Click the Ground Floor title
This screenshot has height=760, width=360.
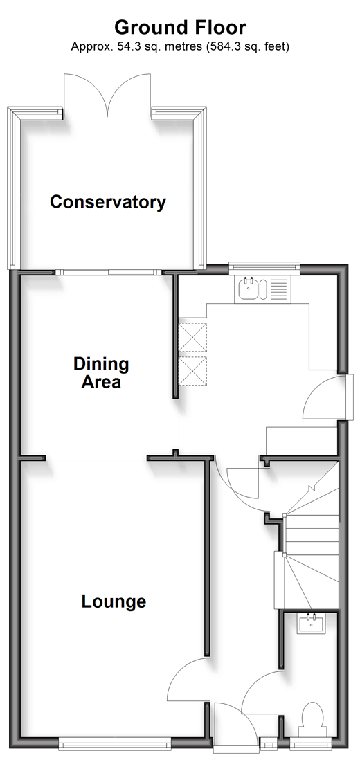[180, 27]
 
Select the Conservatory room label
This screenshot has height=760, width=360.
[107, 201]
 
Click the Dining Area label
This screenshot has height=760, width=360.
[101, 372]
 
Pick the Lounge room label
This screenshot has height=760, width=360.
[114, 601]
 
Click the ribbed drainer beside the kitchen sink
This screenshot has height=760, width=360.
[278, 289]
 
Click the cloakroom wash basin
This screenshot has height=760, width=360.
[312, 622]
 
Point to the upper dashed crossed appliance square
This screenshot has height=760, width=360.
[193, 337]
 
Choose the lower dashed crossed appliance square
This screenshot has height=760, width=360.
[193, 371]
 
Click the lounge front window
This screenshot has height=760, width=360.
[115, 743]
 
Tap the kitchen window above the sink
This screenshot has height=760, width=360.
[264, 266]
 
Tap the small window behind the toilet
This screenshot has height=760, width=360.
[312, 743]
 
